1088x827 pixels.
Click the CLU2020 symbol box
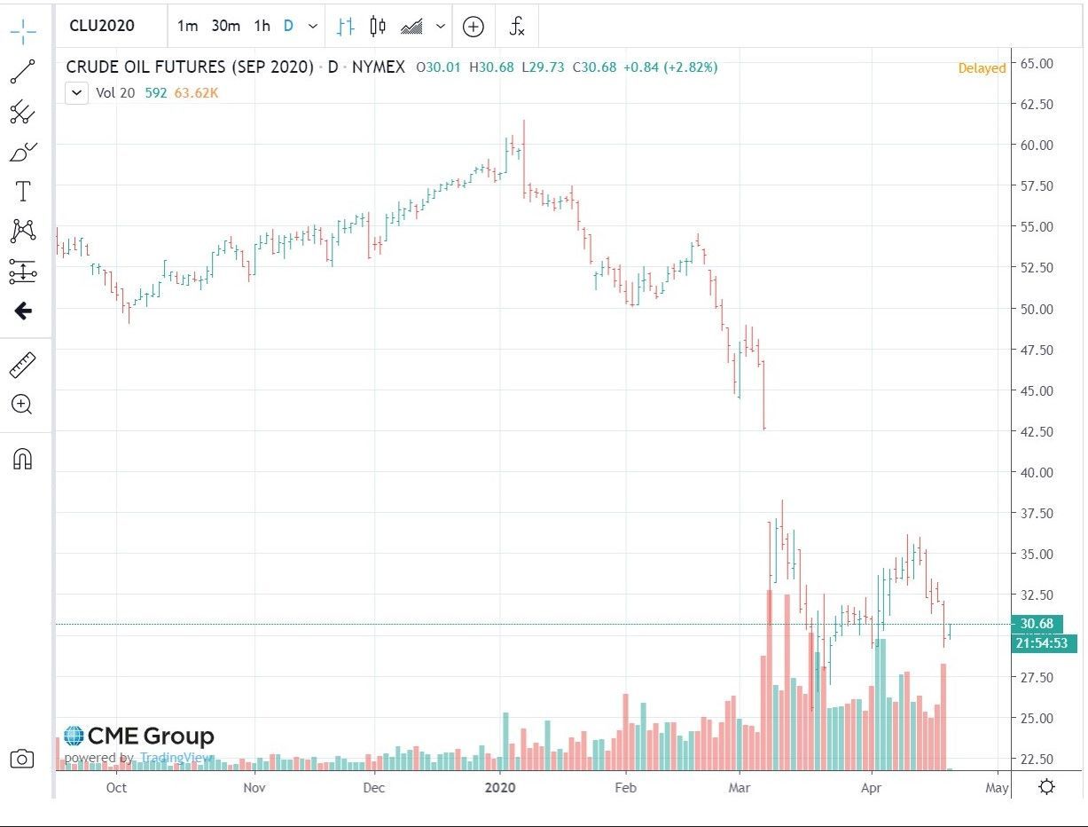(x=102, y=26)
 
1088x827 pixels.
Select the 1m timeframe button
(x=187, y=26)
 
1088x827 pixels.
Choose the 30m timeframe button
(x=225, y=26)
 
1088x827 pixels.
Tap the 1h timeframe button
(x=262, y=26)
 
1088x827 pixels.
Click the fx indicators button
(x=517, y=26)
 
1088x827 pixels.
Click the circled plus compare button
(x=474, y=26)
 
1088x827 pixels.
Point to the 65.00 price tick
(x=1036, y=64)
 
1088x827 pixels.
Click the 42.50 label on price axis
(x=1036, y=432)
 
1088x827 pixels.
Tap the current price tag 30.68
(x=1036, y=624)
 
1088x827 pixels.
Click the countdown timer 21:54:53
(x=1042, y=643)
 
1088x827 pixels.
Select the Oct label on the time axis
(x=116, y=787)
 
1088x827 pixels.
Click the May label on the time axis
(x=997, y=787)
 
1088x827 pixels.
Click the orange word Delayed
(x=982, y=68)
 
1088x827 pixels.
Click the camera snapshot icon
(x=22, y=759)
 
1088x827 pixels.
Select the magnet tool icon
(x=22, y=459)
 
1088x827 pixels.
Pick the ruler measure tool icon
(x=22, y=364)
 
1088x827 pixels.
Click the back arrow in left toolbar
(x=22, y=311)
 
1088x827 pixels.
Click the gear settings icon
(x=1046, y=787)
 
